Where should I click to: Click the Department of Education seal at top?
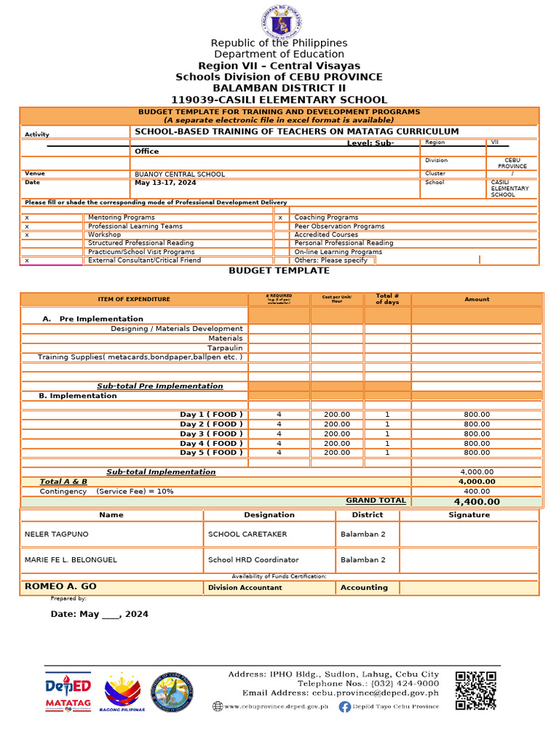coord(279,20)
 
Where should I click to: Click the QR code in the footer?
coord(476,690)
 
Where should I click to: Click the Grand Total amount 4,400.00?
coord(477,501)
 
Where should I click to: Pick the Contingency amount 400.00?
coord(477,491)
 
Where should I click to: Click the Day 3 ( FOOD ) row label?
coord(211,434)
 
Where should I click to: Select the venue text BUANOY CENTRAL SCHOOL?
coord(180,175)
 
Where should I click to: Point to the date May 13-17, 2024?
coord(165,183)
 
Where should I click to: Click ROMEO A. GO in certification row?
coord(60,586)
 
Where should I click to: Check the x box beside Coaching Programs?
coord(280,218)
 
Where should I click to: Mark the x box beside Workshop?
coord(27,235)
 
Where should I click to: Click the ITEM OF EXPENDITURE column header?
coord(134,299)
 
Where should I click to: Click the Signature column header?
coord(469,515)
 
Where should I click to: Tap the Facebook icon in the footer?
coord(345,706)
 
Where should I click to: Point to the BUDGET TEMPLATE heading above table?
coord(279,271)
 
